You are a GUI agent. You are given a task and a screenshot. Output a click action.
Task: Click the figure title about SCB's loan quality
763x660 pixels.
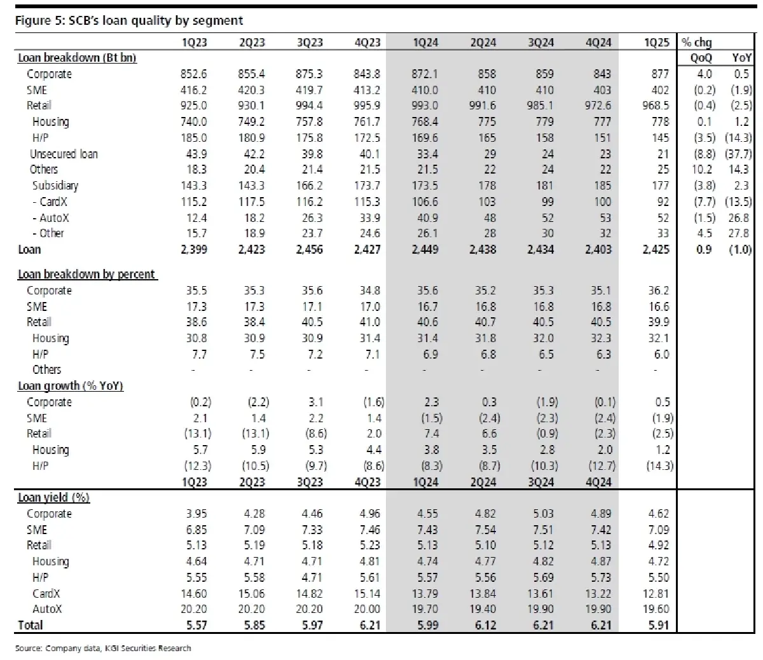(129, 20)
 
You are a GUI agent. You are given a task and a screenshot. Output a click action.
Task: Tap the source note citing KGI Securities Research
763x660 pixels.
(103, 648)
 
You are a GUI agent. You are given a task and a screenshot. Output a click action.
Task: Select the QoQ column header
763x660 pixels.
(701, 58)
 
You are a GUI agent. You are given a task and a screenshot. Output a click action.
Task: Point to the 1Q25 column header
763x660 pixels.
(656, 43)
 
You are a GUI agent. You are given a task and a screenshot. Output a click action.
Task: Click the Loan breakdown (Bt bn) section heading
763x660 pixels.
(77, 58)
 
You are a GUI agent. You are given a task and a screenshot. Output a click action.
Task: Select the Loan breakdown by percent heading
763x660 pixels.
(86, 274)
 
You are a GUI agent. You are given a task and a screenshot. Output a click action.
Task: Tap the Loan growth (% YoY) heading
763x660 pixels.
(71, 386)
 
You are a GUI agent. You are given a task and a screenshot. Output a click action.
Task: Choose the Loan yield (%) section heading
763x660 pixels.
(53, 497)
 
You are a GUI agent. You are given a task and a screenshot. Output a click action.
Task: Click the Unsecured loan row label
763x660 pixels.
(64, 154)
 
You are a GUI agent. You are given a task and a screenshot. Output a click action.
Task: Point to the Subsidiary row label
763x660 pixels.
(55, 186)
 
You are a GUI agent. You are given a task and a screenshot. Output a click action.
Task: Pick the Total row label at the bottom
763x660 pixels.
(31, 625)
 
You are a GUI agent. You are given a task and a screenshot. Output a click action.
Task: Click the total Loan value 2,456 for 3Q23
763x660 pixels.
(309, 249)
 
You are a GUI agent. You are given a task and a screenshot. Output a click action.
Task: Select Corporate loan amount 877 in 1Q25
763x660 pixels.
(660, 74)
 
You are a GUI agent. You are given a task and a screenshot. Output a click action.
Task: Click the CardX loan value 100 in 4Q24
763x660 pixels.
(602, 202)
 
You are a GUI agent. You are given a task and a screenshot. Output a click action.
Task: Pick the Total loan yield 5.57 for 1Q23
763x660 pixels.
(196, 625)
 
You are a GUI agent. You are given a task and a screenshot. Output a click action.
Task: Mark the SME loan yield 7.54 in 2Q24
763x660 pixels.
(485, 530)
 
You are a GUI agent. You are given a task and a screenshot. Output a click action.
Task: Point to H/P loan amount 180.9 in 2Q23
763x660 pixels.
(251, 138)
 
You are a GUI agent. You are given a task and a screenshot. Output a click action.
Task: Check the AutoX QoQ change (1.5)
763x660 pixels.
(705, 218)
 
